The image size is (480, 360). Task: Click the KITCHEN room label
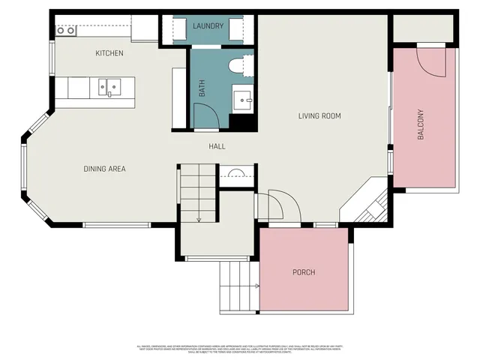point(109,53)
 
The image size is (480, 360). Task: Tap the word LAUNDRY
point(208,26)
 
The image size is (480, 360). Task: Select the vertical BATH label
point(202,90)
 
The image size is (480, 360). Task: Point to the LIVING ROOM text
point(319,115)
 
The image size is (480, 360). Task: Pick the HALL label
point(217,146)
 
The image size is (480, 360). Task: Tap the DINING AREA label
point(104,169)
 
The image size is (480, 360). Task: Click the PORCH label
point(304,271)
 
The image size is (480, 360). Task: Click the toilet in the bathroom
point(241,67)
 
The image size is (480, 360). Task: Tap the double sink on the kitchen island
point(109,87)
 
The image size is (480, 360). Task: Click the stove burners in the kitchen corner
point(66,31)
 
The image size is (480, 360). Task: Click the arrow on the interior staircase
point(199,217)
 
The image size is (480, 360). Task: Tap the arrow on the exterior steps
point(256,286)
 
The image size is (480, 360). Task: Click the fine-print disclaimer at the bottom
point(240,348)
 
